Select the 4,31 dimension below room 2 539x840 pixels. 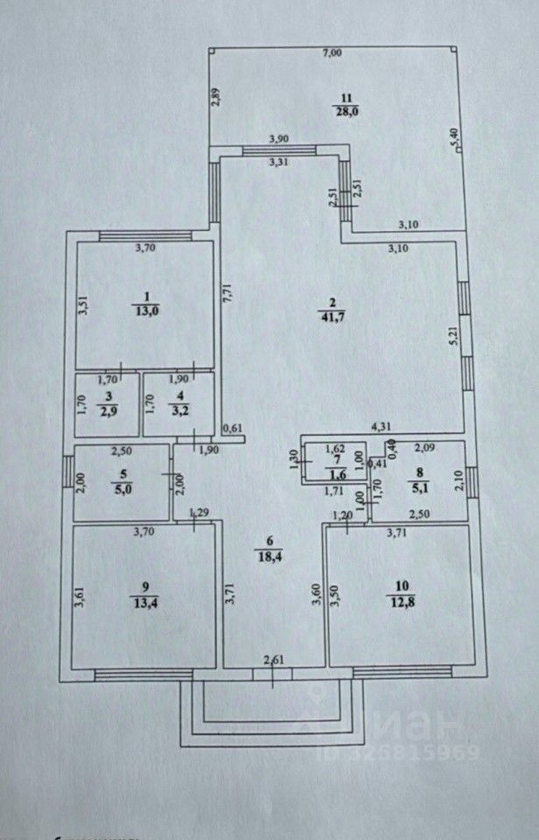pyautogui.click(x=381, y=427)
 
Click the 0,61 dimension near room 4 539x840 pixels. pyautogui.click(x=233, y=429)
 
